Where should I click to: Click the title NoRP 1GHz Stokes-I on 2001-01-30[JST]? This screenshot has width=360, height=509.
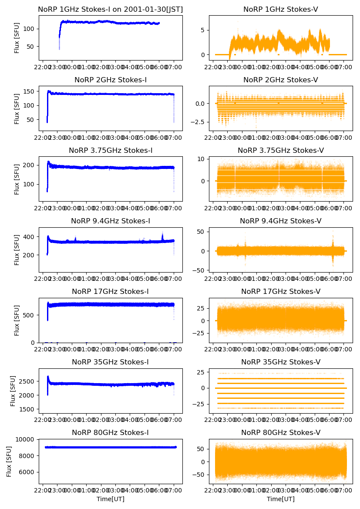tap(111, 9)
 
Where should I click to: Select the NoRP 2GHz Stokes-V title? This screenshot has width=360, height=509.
tap(281, 80)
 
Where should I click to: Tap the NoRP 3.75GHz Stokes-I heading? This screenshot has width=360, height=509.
tap(111, 150)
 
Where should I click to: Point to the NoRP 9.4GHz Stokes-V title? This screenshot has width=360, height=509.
tap(281, 221)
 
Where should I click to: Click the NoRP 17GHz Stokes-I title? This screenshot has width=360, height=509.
tap(111, 291)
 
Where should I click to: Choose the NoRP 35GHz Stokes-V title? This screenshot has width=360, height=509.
tap(281, 362)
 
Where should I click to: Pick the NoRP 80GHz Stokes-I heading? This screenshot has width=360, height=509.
tap(111, 432)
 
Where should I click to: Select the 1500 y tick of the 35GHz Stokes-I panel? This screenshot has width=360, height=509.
tap(30, 409)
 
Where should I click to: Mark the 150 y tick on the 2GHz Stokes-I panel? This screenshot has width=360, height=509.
tap(31, 91)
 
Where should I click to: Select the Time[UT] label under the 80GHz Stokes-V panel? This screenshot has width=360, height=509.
tap(281, 499)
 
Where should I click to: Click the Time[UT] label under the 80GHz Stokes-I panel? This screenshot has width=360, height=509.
tap(111, 499)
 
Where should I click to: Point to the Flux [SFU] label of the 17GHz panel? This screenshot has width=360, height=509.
tap(17, 320)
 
